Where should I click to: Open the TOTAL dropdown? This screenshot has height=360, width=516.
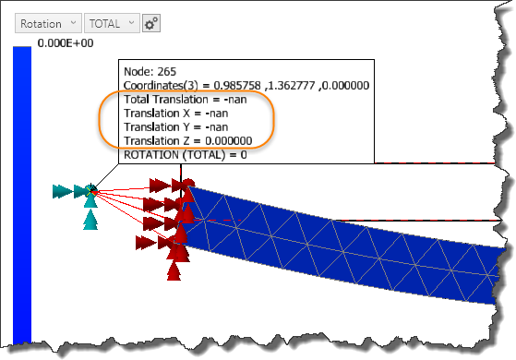(x=111, y=23)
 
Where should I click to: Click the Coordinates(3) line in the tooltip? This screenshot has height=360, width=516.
(x=245, y=85)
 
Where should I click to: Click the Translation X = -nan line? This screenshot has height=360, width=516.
(x=169, y=113)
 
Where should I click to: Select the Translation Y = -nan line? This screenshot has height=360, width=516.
(x=169, y=126)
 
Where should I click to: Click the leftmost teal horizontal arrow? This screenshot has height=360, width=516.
(x=62, y=191)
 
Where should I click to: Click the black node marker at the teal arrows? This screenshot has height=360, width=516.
(x=91, y=190)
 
